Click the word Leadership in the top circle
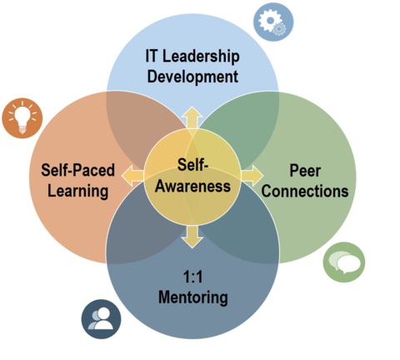[x=201, y=56]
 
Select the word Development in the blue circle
[x=192, y=77]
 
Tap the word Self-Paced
[x=77, y=170]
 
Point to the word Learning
[x=78, y=192]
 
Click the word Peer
[x=305, y=171]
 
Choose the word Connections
[x=305, y=191]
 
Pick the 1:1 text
[x=192, y=277]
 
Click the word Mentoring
[x=193, y=297]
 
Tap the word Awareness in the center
[x=192, y=186]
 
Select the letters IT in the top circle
[x=152, y=56]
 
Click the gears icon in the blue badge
[x=272, y=22]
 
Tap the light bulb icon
[x=22, y=118]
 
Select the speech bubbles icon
[x=344, y=262]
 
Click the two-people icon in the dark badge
[x=101, y=319]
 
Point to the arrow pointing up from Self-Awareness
[x=192, y=117]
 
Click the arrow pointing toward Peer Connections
[x=252, y=176]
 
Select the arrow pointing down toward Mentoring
[x=192, y=237]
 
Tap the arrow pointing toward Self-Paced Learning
[x=132, y=176]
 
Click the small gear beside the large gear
[x=280, y=29]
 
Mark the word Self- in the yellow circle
[x=192, y=164]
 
